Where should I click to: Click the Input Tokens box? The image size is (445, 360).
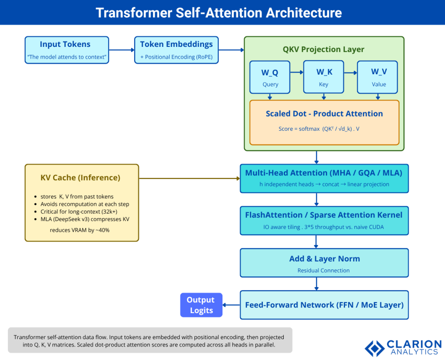tap(66, 50)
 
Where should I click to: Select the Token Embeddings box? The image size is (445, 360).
tap(176, 50)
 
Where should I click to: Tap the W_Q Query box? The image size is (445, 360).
tap(270, 77)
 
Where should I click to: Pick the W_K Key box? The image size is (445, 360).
tap(323, 77)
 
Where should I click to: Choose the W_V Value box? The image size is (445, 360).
tap(378, 77)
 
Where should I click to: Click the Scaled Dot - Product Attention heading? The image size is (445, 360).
tap(324, 114)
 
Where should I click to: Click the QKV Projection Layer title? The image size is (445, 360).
tap(323, 49)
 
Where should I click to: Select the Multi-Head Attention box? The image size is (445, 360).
tap(324, 178)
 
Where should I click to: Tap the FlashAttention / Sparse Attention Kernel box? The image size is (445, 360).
tap(324, 220)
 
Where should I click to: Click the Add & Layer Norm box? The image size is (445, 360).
tap(324, 263)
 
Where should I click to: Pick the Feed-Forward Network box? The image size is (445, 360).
tap(324, 305)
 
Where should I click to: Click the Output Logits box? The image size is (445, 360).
tap(201, 305)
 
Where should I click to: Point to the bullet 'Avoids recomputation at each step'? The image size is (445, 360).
tap(85, 204)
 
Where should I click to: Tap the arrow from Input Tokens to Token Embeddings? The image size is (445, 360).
tap(121, 50)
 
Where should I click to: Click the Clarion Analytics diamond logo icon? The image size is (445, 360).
tap(375, 348)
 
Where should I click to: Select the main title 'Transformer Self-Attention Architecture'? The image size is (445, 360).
tap(219, 13)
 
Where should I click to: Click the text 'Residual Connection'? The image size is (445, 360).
tap(323, 271)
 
